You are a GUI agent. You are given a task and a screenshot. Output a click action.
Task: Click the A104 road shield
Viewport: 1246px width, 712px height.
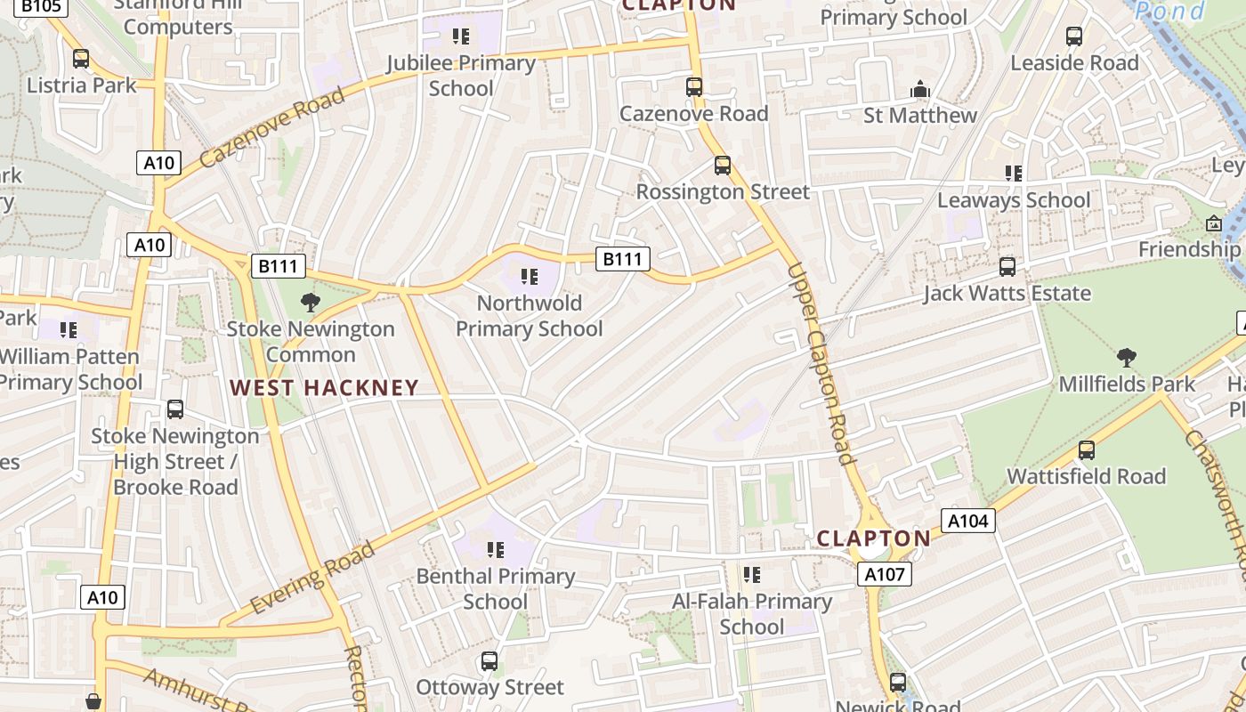(967, 521)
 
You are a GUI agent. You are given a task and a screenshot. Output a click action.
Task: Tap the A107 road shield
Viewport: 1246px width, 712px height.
(886, 574)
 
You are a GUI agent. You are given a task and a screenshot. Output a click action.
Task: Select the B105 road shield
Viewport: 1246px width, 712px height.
(41, 6)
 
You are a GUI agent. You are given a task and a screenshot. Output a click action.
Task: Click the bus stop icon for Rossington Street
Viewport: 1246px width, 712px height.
(723, 166)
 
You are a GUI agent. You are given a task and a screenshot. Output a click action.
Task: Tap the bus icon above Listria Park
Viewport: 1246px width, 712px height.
(81, 59)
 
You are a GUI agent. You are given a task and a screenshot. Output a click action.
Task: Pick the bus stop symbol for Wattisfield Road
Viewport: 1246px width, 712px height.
(1086, 450)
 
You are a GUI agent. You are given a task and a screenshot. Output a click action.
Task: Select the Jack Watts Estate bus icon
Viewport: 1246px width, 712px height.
(1007, 267)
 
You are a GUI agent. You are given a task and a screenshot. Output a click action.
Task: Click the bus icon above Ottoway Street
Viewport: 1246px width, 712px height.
(489, 661)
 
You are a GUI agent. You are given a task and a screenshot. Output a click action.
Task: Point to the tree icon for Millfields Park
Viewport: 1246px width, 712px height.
(1126, 358)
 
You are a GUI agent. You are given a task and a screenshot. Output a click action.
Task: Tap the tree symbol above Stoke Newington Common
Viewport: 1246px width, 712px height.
(310, 303)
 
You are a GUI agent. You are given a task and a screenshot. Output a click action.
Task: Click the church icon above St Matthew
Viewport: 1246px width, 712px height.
(920, 89)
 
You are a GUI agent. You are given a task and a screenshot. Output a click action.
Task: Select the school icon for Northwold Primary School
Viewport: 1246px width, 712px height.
(530, 277)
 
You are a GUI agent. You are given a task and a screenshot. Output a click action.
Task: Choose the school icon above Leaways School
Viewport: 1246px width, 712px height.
(1013, 174)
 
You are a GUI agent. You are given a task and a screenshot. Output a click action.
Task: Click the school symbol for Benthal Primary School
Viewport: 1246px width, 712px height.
(496, 550)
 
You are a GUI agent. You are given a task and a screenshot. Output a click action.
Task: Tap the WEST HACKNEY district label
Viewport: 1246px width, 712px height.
(324, 387)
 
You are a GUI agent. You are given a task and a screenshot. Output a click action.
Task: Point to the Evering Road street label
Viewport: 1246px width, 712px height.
(312, 578)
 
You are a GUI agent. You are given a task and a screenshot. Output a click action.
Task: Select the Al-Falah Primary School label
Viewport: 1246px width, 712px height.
(752, 614)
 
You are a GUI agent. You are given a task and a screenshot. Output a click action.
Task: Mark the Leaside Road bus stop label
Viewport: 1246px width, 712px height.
(1074, 63)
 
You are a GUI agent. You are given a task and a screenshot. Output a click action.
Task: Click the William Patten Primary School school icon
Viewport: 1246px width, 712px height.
(69, 330)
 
